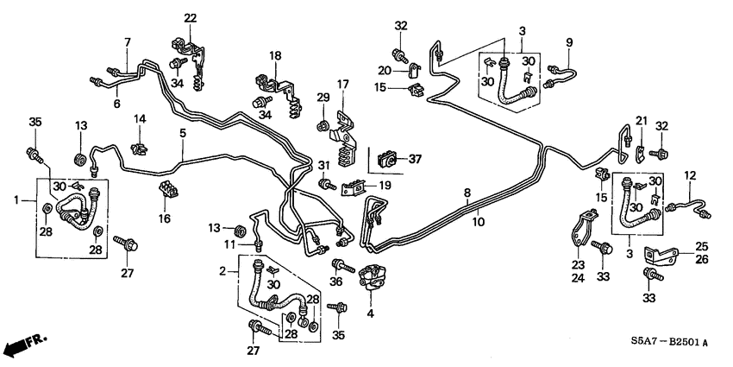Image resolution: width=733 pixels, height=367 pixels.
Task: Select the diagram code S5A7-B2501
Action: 663,343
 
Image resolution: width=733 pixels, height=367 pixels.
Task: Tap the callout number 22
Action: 190,18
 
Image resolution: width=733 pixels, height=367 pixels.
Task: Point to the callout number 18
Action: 275,56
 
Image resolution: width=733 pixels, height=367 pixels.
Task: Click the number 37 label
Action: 414,159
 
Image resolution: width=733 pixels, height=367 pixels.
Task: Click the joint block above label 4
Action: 373,275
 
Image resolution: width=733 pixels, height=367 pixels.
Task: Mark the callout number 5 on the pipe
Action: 182,133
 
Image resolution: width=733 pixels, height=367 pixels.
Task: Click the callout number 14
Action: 138,117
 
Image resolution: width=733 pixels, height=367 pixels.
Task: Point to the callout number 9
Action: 569,42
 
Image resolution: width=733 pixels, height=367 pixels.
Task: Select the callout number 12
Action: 690,176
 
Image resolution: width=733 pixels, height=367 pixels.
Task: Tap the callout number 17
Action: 342,85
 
